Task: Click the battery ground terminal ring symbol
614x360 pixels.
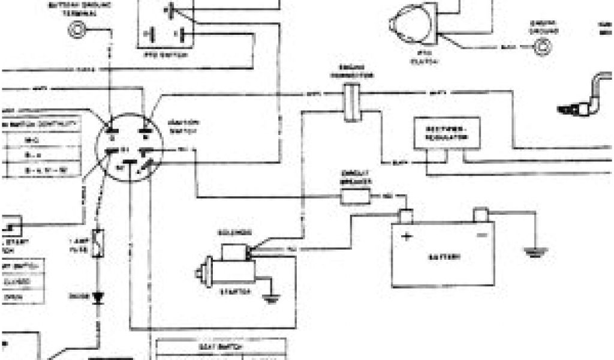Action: point(77,28)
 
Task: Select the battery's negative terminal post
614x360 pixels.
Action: point(481,215)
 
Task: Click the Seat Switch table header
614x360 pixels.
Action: point(221,347)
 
